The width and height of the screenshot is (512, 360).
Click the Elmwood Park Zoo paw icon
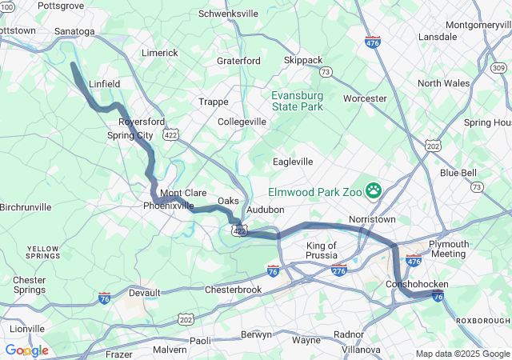click(374, 190)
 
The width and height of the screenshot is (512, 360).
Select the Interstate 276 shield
click(339, 271)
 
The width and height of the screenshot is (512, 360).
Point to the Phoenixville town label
click(168, 206)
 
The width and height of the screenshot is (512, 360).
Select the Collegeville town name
click(242, 122)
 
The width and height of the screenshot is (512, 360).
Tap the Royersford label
click(141, 122)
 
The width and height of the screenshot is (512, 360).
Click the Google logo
click(26, 350)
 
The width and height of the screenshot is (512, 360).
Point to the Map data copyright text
click(462, 354)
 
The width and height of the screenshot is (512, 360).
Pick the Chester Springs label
click(29, 285)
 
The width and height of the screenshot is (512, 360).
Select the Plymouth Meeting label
click(447, 249)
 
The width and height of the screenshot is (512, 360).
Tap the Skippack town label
click(302, 60)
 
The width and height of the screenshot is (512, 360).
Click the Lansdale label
click(438, 37)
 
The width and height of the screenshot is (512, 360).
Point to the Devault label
click(144, 293)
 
